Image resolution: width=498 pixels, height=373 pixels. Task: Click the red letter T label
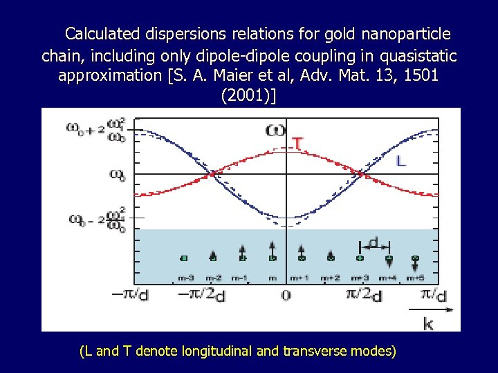pos(297,144)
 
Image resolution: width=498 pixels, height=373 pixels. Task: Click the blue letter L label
pos(400,161)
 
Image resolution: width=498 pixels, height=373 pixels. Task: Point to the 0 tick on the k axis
pos(286,295)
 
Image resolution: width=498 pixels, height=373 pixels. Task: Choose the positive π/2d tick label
pos(364,295)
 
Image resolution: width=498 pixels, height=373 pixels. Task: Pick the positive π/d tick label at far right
pos(432,295)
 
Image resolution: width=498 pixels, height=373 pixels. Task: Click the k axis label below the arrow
pos(428,323)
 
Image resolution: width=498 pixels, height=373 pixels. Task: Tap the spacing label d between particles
pos(374,242)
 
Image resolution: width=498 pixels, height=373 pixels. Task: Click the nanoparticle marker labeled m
pos(272,258)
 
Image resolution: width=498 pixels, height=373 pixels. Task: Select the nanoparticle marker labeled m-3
pos(184,258)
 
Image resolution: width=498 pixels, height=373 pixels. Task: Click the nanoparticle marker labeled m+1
pos(302,258)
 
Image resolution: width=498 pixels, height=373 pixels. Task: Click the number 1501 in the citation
pos(418,75)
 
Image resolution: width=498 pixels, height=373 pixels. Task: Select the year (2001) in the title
pos(248,95)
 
